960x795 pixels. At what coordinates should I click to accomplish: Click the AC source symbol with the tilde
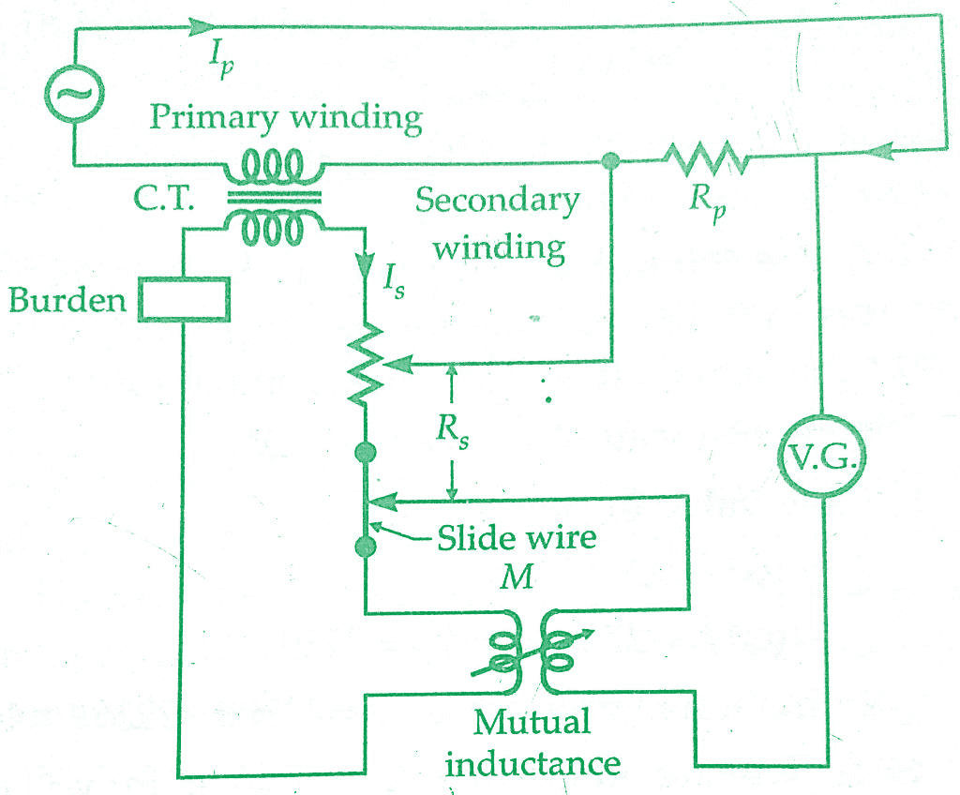(74, 94)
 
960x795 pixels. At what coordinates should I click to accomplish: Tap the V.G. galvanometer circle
(821, 457)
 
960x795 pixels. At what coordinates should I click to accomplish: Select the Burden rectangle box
(184, 299)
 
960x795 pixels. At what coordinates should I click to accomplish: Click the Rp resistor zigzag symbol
(706, 158)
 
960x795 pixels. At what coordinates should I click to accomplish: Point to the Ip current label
(221, 60)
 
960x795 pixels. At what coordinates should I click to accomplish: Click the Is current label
(394, 281)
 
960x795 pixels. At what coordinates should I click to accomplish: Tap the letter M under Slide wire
(517, 577)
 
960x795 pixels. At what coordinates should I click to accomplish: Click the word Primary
(214, 117)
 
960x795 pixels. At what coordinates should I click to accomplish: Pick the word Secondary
(497, 202)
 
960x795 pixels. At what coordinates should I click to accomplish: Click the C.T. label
(163, 198)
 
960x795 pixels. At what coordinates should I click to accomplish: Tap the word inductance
(532, 763)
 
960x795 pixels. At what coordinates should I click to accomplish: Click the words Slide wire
(517, 538)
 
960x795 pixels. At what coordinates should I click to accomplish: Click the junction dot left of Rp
(610, 161)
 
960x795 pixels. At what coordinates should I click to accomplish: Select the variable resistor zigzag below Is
(366, 366)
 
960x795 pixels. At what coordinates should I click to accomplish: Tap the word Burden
(67, 300)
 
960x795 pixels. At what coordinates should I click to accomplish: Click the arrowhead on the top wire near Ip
(202, 26)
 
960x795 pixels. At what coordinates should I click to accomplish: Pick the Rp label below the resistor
(709, 202)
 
